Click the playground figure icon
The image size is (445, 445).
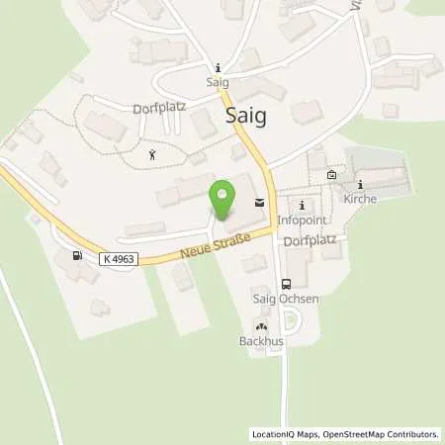point(151,154)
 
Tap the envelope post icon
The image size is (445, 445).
point(259,203)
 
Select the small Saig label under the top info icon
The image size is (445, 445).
point(218,82)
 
